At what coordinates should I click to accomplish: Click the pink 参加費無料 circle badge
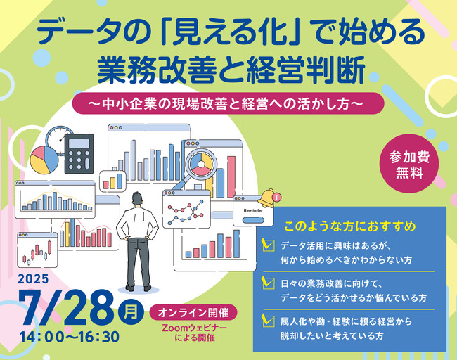click(x=409, y=164)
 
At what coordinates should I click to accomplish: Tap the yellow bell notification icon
click(x=267, y=198)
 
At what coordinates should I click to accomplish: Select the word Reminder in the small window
click(x=253, y=210)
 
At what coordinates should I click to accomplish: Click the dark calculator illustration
click(x=79, y=153)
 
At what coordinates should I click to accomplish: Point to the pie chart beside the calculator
click(x=44, y=160)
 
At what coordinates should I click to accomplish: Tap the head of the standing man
click(x=138, y=199)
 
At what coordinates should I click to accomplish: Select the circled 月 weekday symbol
click(x=131, y=312)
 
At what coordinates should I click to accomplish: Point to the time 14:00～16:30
click(x=70, y=337)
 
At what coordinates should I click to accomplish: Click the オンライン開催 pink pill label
click(x=193, y=313)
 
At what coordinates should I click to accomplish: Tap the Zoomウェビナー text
click(x=194, y=328)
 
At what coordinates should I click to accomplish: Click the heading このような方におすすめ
click(x=349, y=226)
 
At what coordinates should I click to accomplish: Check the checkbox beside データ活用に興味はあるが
click(x=268, y=245)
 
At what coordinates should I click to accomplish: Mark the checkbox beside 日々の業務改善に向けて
click(x=268, y=283)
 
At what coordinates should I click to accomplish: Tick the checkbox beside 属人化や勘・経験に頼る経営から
click(x=268, y=321)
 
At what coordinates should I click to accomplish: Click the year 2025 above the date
click(x=33, y=279)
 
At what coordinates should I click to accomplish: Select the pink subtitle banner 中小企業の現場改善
click(x=228, y=103)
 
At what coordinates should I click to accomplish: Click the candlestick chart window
click(x=37, y=250)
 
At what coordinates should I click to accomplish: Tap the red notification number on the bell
click(x=276, y=198)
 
